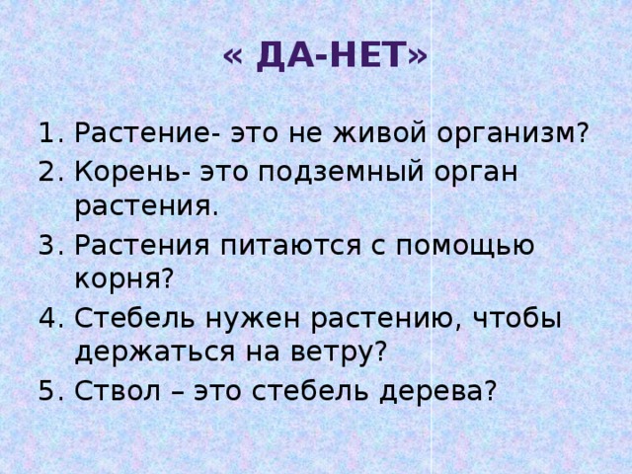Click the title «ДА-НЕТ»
tap(325, 56)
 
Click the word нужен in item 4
tap(243, 318)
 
